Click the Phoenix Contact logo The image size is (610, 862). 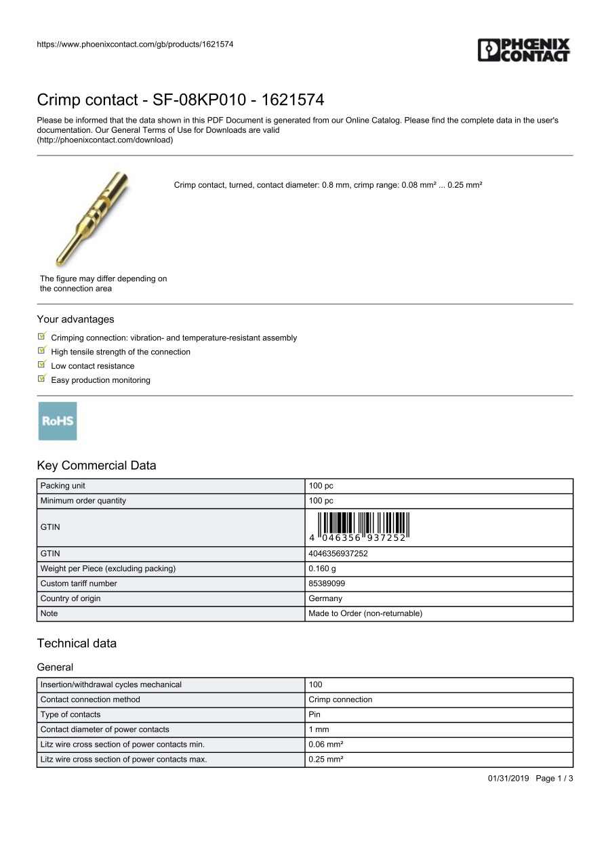pos(524,50)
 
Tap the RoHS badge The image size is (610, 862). pos(58,421)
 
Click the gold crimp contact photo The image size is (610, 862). pos(91,218)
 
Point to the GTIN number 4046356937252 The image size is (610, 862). pos(338,554)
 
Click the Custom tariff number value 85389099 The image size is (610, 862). pos(327,583)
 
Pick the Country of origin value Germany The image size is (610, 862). pos(325,598)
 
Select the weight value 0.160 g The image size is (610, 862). pos(322,569)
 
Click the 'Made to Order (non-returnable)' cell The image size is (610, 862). pos(365,613)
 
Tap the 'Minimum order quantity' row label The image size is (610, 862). pos(83,501)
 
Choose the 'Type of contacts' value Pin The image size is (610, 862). pos(314,714)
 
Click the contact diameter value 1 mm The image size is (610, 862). pos(319,729)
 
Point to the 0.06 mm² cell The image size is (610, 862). pos(326,744)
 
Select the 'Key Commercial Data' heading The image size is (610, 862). pos(96,466)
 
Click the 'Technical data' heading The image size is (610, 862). pos(77,643)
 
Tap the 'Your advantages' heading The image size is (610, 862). pos(75,319)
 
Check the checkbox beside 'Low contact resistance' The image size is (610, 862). pos(42,365)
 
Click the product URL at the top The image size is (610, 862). pos(135,44)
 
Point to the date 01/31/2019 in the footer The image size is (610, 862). pos(508,778)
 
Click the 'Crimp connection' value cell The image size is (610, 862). pos(340,699)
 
